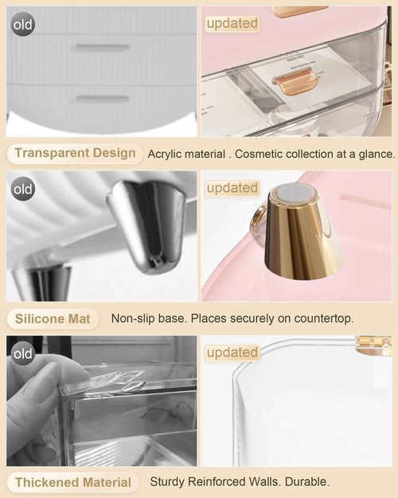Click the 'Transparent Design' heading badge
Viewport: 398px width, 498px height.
[x=75, y=153]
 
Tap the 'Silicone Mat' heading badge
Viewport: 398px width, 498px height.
[x=53, y=319]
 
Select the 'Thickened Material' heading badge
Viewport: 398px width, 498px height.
[x=72, y=482]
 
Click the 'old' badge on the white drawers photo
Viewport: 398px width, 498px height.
[x=23, y=25]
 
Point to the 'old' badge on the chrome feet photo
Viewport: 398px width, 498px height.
[x=23, y=189]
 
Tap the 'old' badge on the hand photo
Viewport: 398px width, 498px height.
[x=23, y=353]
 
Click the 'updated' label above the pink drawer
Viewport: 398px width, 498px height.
[x=232, y=24]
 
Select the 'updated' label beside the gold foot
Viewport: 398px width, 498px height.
[x=232, y=189]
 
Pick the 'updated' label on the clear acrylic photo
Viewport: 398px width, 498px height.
[x=232, y=352]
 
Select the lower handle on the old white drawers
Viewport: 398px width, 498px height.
[x=100, y=99]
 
